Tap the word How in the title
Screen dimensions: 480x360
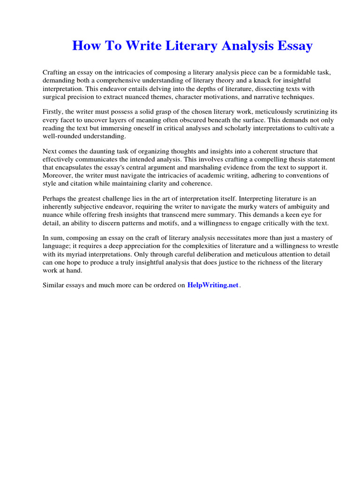pyautogui.click(x=86, y=46)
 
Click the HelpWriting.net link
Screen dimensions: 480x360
pyautogui.click(x=213, y=285)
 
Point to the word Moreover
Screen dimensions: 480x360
pyautogui.click(x=57, y=175)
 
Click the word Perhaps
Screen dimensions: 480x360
pyautogui.click(x=55, y=199)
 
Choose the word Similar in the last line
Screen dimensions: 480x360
pyautogui.click(x=54, y=285)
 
